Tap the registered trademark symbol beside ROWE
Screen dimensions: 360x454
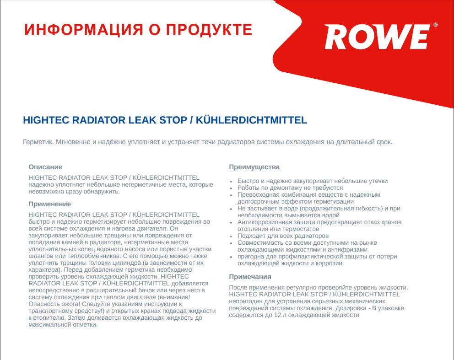[x=435, y=25]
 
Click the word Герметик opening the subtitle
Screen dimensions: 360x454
[x=38, y=142]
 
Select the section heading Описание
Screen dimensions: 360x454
[x=45, y=167]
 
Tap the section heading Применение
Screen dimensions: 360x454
[x=49, y=204]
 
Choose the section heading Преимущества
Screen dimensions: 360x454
[x=254, y=167]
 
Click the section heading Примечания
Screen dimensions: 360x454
[x=250, y=277]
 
